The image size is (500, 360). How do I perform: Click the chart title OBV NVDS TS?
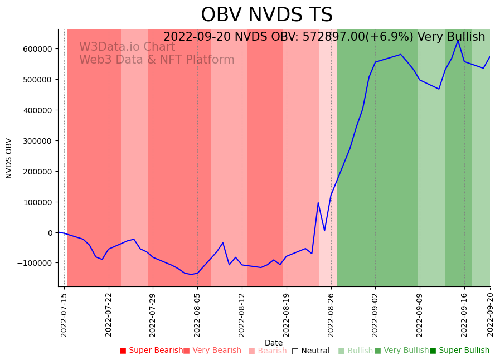[266, 15]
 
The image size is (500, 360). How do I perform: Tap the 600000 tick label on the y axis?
[37, 49]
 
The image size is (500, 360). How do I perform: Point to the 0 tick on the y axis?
[50, 233]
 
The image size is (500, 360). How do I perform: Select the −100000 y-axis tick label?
[35, 263]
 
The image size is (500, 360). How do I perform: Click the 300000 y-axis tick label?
[37, 141]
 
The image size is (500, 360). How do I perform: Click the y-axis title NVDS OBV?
[9, 158]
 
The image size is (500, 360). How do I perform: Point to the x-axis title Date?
[274, 343]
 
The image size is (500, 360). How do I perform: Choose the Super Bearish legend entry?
[151, 351]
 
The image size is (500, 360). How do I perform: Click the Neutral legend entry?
[310, 351]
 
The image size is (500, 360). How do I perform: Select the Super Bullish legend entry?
[459, 351]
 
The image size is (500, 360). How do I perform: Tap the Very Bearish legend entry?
[212, 351]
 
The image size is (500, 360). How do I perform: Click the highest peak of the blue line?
[458, 40]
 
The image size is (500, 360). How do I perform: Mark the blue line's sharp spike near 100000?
[318, 203]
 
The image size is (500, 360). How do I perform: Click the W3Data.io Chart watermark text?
[127, 47]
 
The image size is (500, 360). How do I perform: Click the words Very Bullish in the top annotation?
[451, 37]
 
